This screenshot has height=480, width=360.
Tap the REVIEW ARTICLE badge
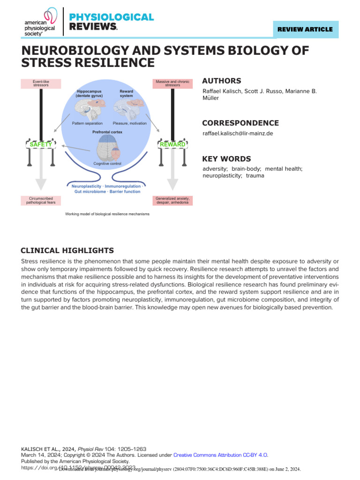(305, 29)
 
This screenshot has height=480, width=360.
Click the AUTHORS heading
(222, 81)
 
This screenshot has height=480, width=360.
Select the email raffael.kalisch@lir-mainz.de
(238, 134)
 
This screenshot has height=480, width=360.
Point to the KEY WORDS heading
(226, 159)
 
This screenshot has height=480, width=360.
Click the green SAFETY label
(41, 145)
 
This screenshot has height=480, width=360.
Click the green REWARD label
(172, 145)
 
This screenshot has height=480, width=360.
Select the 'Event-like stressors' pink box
(41, 83)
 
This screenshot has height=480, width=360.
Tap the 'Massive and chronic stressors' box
(172, 83)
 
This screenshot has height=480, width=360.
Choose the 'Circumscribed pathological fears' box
(41, 201)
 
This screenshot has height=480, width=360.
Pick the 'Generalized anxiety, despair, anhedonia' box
(172, 201)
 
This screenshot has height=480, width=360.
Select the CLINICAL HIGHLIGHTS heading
(67, 251)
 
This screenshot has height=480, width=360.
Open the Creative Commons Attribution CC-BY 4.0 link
(221, 455)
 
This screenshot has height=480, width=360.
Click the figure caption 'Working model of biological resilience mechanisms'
(107, 214)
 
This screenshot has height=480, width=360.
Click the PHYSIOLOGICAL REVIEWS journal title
(111, 22)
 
